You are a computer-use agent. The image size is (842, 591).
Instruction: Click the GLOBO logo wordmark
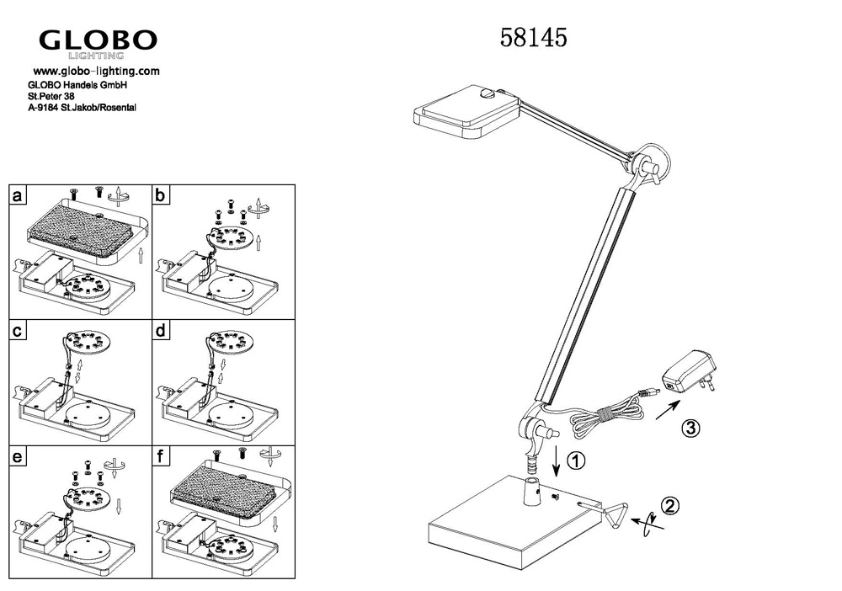pyautogui.click(x=98, y=40)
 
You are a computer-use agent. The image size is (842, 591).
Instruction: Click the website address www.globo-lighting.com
pyautogui.click(x=97, y=71)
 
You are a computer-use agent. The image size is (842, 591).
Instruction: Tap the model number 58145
pyautogui.click(x=533, y=38)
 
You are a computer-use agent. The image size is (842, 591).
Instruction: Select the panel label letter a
pyautogui.click(x=18, y=194)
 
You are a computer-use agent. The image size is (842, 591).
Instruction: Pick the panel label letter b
pyautogui.click(x=160, y=194)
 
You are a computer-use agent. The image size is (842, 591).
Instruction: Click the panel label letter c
pyautogui.click(x=18, y=330)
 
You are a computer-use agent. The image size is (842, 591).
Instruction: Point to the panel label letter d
pyautogui.click(x=160, y=330)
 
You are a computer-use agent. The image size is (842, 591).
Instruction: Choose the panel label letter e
pyautogui.click(x=18, y=456)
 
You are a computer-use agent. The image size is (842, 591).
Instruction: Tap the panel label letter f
pyautogui.click(x=160, y=456)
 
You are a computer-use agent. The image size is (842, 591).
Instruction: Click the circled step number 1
pyautogui.click(x=576, y=461)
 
